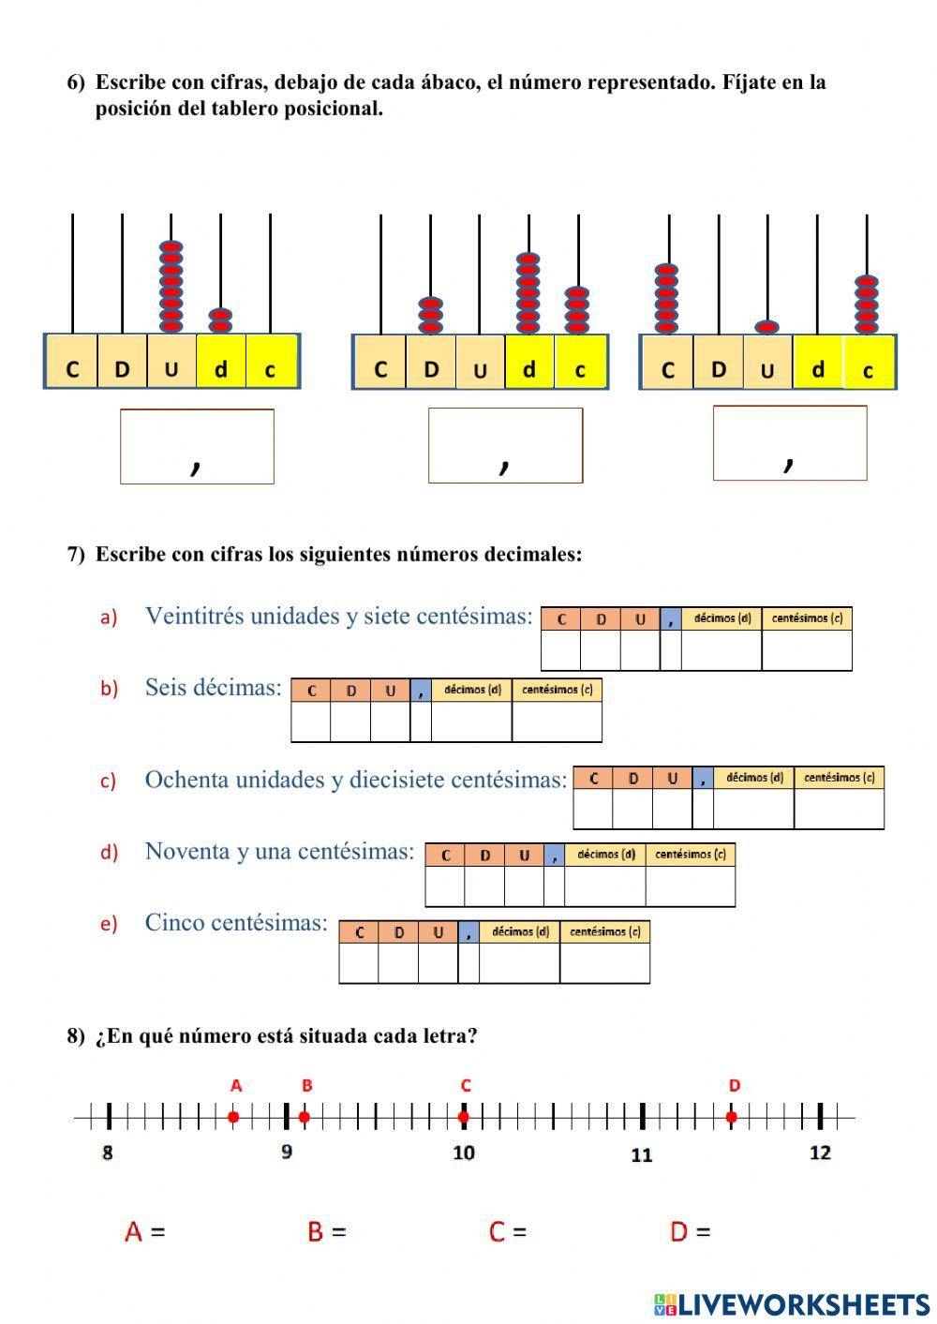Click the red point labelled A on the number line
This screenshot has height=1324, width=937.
[233, 1116]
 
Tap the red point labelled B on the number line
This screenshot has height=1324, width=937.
[305, 1116]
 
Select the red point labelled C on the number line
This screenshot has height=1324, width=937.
[464, 1116]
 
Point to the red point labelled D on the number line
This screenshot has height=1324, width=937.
[732, 1116]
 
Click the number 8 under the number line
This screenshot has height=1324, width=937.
[107, 1153]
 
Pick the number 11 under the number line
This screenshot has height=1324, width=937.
[641, 1155]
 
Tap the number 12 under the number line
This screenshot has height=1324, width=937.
[820, 1153]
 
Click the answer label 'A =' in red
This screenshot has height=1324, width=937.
[144, 1231]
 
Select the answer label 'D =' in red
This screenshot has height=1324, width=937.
[690, 1231]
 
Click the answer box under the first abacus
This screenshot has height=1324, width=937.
[197, 446]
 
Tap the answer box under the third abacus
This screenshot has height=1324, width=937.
[789, 442]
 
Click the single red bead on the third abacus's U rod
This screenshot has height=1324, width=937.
[767, 327]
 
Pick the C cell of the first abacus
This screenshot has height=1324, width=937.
[72, 369]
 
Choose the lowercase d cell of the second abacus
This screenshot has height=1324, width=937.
[529, 369]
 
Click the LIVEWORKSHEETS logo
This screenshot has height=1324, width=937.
[791, 1304]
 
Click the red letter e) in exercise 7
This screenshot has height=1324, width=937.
[109, 924]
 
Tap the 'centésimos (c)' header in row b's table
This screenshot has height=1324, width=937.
[557, 691]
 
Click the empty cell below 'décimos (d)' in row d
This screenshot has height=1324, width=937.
[604, 886]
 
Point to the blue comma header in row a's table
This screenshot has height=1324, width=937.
[670, 619]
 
